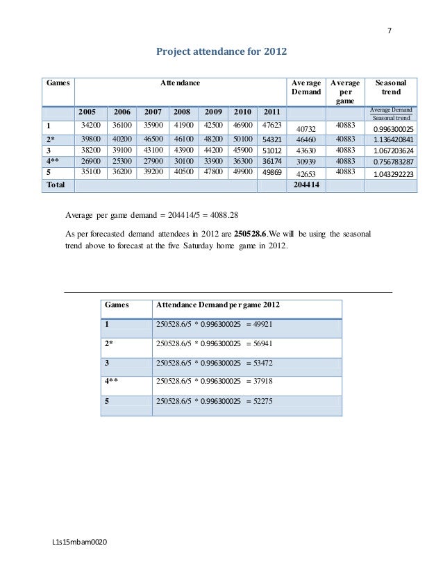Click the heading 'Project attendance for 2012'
(220, 51)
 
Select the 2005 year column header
(88, 112)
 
